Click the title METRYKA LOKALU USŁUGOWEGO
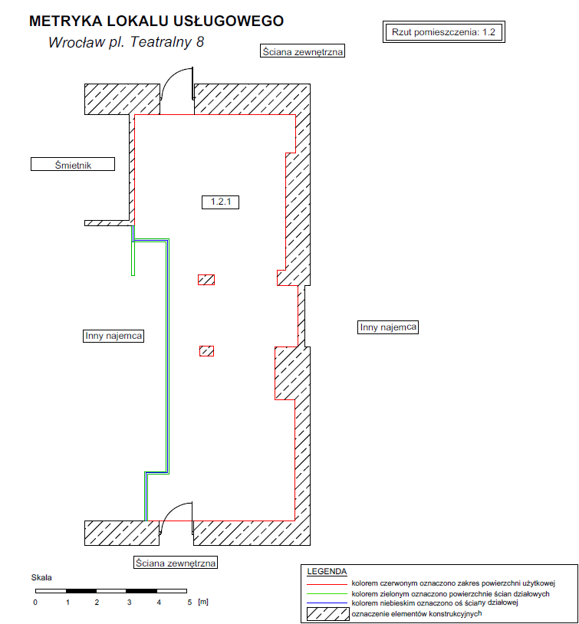coord(156,21)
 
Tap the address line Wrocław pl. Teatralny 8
coord(126,42)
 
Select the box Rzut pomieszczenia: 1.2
coord(443,32)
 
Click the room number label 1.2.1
coord(221,202)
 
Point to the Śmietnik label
coord(73,164)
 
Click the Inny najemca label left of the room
coord(113,336)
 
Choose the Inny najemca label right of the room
coord(388,327)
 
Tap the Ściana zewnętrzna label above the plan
coord(302,51)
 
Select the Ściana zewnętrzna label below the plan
coord(176,563)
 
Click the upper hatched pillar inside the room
coord(206,280)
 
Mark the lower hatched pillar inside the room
coord(206,351)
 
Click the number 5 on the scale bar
coord(189,602)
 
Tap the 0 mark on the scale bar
coord(35,602)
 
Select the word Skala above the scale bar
coord(41,577)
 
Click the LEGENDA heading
coord(327,571)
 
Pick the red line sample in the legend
coord(327,584)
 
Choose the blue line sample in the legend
coord(327,603)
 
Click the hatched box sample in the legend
coord(327,614)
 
